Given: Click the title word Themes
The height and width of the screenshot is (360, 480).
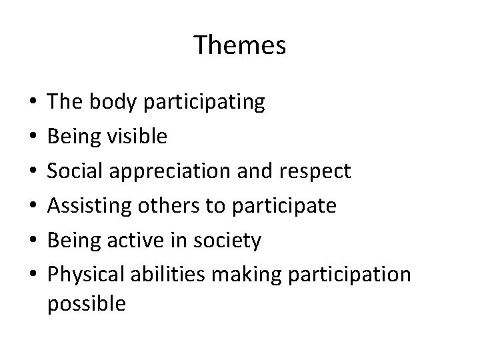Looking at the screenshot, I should [240, 45].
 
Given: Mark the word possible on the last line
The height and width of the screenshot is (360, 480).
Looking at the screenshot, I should [87, 304].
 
